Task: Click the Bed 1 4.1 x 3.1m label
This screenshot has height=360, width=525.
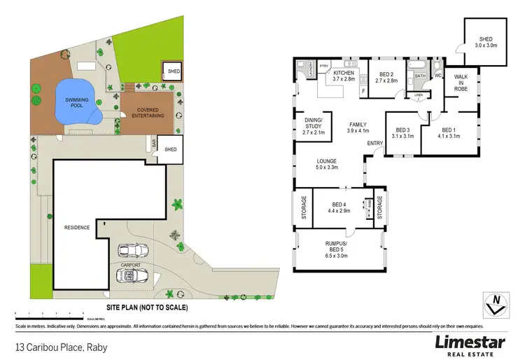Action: point(450,133)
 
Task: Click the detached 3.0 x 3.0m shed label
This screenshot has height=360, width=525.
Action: point(486,42)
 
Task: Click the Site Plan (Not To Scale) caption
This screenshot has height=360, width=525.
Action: point(147,307)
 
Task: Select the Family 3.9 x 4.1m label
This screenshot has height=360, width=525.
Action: point(358,127)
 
